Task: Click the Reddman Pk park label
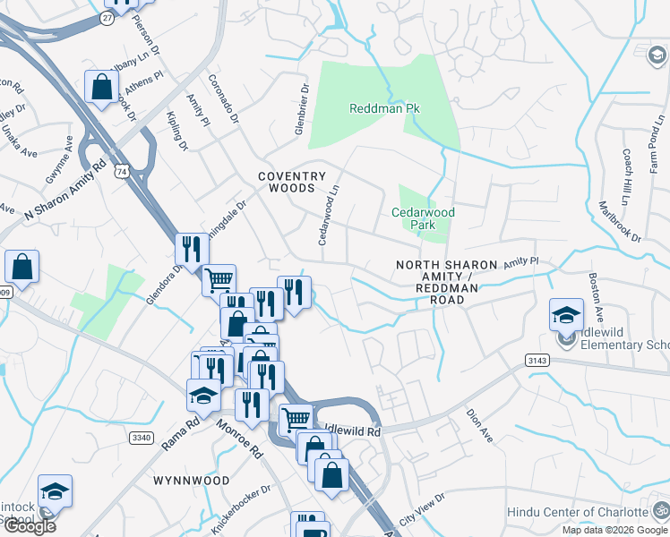click(x=384, y=108)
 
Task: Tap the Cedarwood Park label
click(x=424, y=218)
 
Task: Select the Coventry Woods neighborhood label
click(x=291, y=183)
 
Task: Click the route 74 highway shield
click(x=121, y=170)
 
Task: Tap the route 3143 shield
click(x=537, y=359)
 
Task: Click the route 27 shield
click(x=107, y=17)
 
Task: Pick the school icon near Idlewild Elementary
click(x=566, y=316)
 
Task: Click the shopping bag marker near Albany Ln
click(x=102, y=87)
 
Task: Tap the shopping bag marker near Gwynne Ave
click(x=21, y=267)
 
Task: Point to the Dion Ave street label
click(x=479, y=426)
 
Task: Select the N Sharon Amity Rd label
click(x=64, y=190)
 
